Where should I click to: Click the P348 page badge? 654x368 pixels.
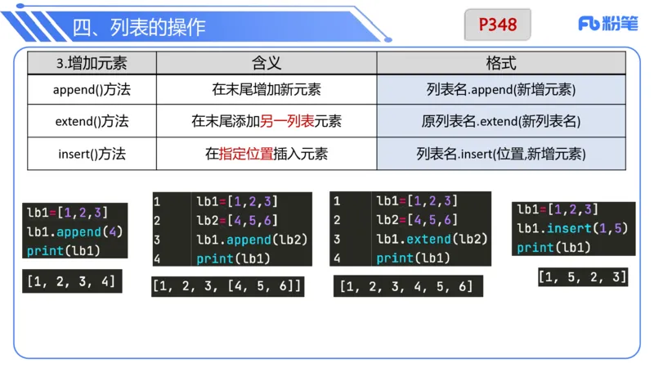click(498, 25)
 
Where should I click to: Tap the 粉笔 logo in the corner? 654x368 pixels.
click(607, 25)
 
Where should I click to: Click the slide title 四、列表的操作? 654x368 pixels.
click(138, 27)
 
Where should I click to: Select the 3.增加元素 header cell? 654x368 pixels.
click(92, 63)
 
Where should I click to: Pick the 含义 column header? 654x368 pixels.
click(266, 63)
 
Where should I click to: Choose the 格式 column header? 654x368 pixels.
click(500, 63)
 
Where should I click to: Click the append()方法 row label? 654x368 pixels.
click(92, 90)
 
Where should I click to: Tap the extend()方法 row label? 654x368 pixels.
click(92, 122)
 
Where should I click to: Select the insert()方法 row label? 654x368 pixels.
click(92, 153)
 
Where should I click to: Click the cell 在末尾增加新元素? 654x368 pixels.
click(266, 90)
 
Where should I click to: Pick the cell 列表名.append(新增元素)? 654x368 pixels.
click(500, 90)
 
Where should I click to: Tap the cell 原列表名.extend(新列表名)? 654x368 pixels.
click(500, 122)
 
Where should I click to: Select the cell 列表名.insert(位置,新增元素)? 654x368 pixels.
click(500, 153)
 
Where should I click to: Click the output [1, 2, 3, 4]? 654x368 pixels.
click(71, 282)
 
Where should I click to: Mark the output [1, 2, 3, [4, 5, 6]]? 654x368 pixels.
click(228, 286)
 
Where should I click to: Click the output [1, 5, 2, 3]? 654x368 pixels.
click(582, 277)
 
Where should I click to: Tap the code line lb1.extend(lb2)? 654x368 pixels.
click(432, 239)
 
